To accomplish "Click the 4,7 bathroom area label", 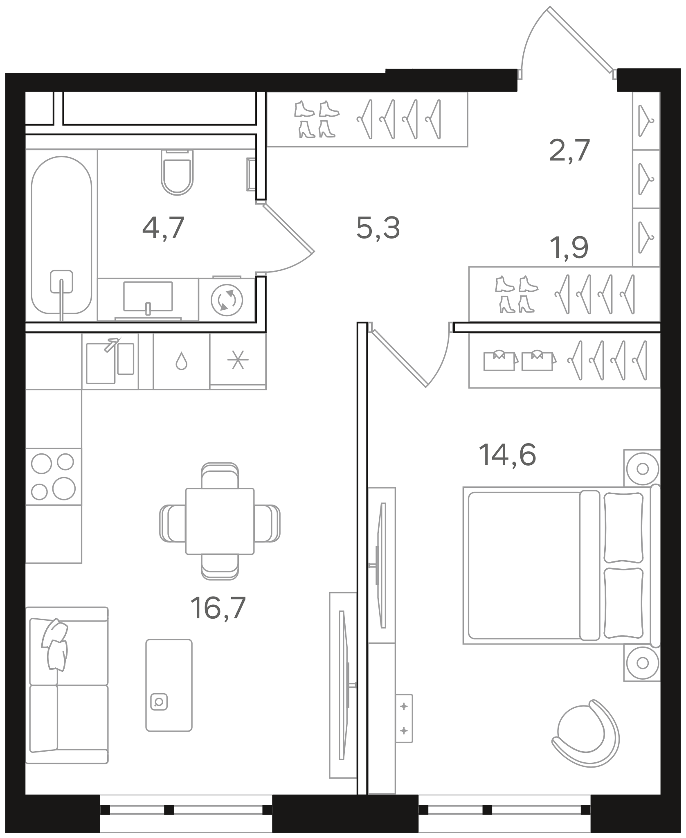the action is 163,228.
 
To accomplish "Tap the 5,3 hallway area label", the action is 378,228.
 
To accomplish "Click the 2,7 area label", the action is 569,150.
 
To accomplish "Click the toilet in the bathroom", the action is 177,172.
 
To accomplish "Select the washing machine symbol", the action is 227,300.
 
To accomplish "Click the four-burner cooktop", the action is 54,477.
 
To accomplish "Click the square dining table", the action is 220,521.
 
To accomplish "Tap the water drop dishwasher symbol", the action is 181,362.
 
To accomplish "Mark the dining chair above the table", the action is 220,475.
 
